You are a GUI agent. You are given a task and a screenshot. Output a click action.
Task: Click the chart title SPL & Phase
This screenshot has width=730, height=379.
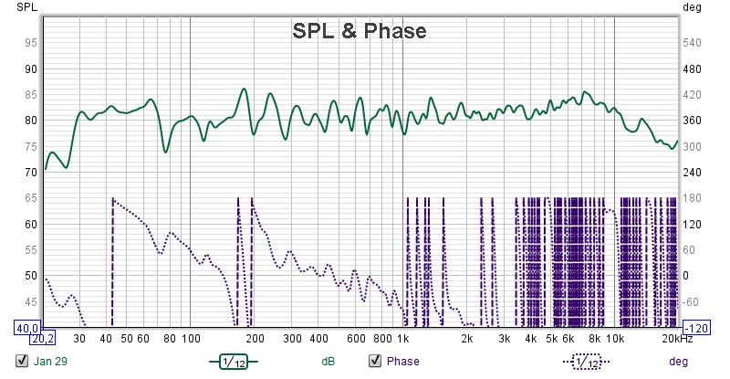click(359, 31)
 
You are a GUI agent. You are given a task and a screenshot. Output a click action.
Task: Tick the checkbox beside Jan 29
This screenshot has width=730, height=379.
click(22, 361)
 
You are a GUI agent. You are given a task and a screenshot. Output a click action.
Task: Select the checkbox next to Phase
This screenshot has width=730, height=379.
click(374, 361)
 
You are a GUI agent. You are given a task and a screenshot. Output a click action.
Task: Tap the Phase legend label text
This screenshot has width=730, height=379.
click(402, 361)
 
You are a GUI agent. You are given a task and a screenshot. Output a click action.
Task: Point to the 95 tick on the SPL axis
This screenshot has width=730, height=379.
click(30, 43)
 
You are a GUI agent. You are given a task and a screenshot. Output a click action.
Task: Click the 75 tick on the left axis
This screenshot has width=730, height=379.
click(30, 146)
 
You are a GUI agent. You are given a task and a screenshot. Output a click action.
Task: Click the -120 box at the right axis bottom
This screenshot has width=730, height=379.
click(698, 327)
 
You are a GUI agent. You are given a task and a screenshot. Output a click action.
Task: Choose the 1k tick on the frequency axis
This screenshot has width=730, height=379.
click(402, 339)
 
